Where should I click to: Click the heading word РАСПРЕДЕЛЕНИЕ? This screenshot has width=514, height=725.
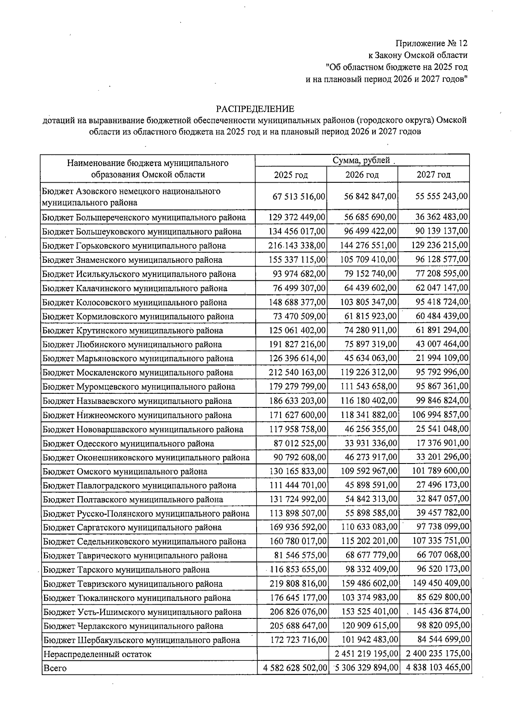click(255, 109)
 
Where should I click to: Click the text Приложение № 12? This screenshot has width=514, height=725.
click(431, 43)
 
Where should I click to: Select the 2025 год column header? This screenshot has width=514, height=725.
click(291, 175)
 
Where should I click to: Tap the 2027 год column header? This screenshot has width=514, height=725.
click(433, 175)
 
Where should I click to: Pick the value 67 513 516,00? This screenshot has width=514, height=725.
click(299, 196)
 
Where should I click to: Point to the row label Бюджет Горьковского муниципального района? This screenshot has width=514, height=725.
click(134, 246)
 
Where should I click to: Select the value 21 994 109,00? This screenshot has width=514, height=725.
click(442, 358)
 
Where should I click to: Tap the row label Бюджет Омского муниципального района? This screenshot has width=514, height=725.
click(125, 472)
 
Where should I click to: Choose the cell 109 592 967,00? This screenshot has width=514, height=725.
click(371, 471)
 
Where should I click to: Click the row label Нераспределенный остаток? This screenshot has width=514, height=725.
click(97, 654)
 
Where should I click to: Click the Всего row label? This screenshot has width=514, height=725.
click(55, 668)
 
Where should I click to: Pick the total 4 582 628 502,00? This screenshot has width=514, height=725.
click(294, 668)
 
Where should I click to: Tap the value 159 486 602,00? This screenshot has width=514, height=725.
click(371, 583)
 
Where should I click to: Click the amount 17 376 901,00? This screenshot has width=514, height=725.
click(443, 443)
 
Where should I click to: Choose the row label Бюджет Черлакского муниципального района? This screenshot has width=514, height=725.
click(133, 626)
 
